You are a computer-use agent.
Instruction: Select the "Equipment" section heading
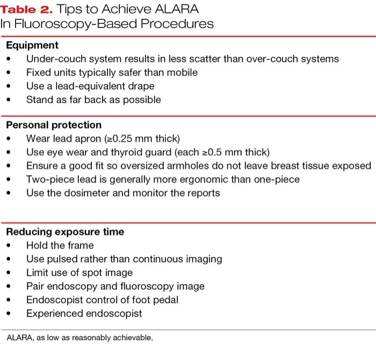click(32, 45)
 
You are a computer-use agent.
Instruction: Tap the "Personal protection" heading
click(54, 125)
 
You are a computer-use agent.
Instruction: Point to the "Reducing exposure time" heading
click(65, 232)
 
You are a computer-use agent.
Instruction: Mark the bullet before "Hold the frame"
click(9, 246)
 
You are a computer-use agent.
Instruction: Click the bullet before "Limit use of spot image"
click(9, 272)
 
